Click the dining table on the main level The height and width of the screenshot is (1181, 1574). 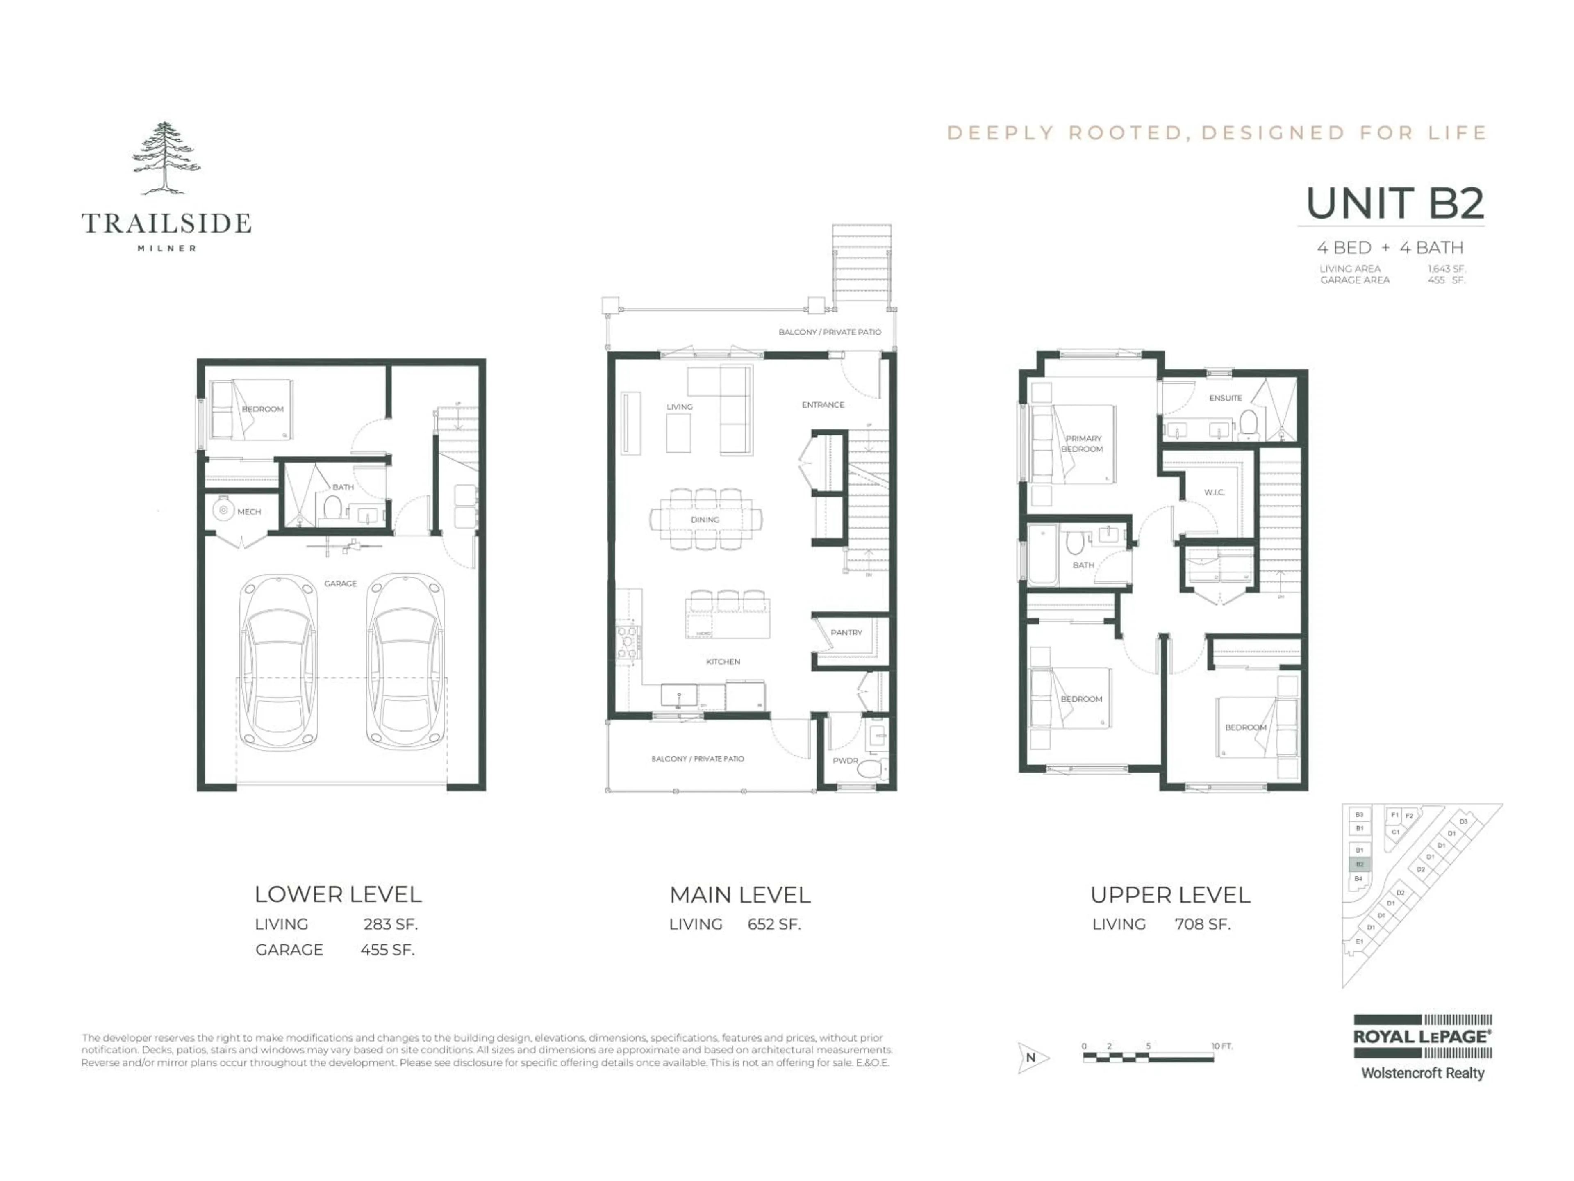pyautogui.click(x=705, y=519)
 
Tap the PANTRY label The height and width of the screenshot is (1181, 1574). pyautogui.click(x=846, y=633)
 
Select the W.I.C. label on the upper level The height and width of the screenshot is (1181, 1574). pyautogui.click(x=1214, y=492)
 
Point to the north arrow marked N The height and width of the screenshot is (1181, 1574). pyautogui.click(x=1032, y=1058)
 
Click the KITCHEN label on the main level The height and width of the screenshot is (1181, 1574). pyautogui.click(x=723, y=662)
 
